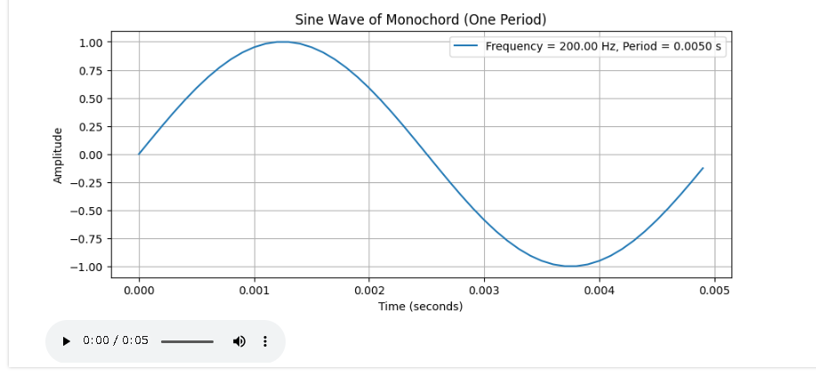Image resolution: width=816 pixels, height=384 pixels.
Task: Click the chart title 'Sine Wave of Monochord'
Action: [x=421, y=20]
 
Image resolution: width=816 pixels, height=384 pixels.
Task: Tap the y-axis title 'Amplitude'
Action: [x=59, y=156]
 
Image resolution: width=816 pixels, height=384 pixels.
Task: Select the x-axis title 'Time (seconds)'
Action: [x=421, y=307]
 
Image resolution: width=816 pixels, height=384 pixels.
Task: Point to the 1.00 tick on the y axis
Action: [x=92, y=43]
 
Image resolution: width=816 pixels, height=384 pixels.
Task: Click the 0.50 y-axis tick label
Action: [x=92, y=99]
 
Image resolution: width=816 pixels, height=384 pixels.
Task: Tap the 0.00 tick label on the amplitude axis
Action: [x=92, y=155]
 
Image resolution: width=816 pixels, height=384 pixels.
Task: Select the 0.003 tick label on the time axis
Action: [x=484, y=290]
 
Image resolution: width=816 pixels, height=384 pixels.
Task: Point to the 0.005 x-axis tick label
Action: [x=715, y=290]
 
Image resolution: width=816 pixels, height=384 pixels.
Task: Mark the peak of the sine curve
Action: [x=283, y=42]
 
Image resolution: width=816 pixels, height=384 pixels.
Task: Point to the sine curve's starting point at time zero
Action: [x=139, y=154]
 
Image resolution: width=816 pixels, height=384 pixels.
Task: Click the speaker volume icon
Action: [x=238, y=341]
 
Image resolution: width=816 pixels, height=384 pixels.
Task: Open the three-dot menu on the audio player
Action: [x=265, y=341]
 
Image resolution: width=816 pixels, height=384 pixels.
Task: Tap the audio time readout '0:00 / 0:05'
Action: [x=116, y=341]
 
